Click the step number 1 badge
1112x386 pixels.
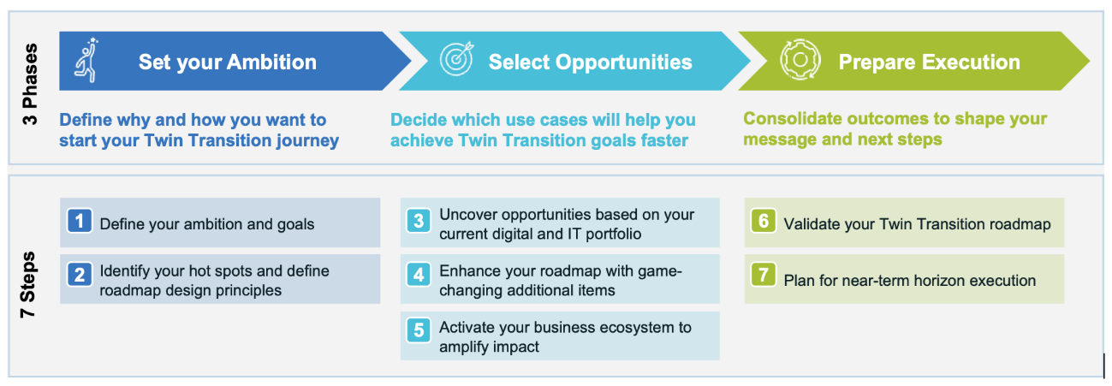pyautogui.click(x=80, y=221)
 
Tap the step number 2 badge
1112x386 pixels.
pyautogui.click(x=80, y=275)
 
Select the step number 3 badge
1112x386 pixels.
pyautogui.click(x=419, y=221)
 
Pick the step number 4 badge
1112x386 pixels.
pyautogui.click(x=419, y=275)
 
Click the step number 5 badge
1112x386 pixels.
pyautogui.click(x=419, y=330)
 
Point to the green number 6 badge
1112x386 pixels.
pyautogui.click(x=764, y=221)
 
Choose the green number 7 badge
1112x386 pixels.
pyautogui.click(x=764, y=275)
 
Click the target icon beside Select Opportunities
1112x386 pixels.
pyautogui.click(x=457, y=59)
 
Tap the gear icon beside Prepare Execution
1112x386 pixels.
pyautogui.click(x=800, y=60)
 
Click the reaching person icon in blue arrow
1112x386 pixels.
pyautogui.click(x=86, y=60)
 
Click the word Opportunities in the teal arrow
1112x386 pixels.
pyautogui.click(x=624, y=62)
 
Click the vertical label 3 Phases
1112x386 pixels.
pyautogui.click(x=30, y=85)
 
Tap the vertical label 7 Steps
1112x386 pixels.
pyautogui.click(x=27, y=284)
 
